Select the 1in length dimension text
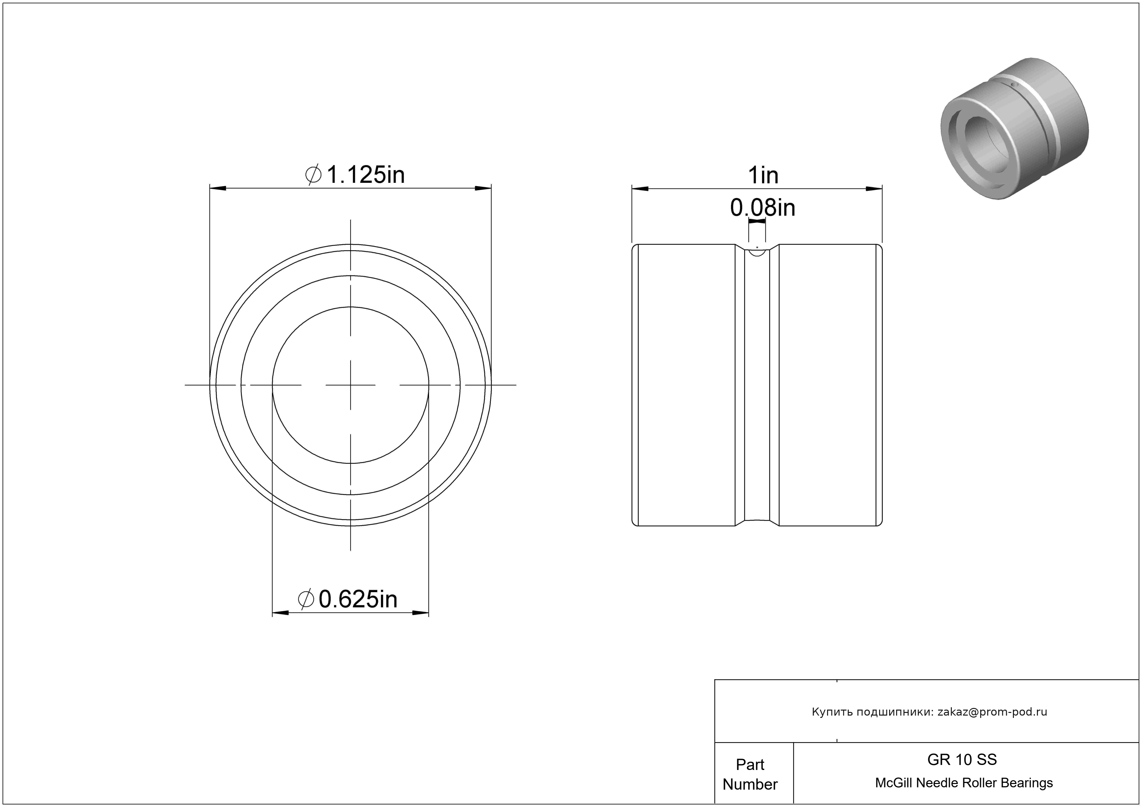[763, 175]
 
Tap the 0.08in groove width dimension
[762, 208]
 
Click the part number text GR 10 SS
[962, 759]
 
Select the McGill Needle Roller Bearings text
[964, 783]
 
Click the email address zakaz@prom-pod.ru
[992, 712]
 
